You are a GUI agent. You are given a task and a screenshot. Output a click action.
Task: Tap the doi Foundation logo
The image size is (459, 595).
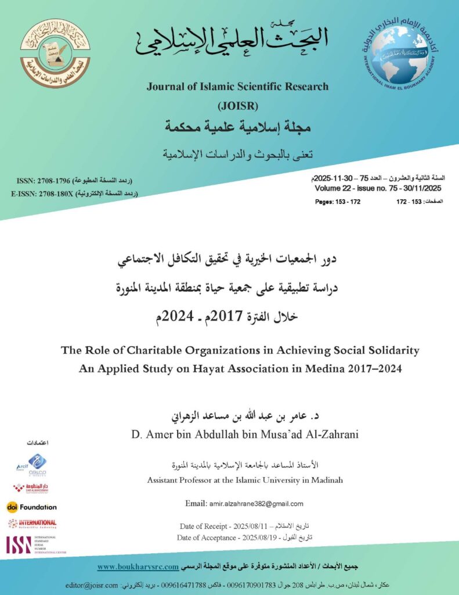pyautogui.click(x=32, y=507)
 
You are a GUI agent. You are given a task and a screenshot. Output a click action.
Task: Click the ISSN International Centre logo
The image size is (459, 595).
pyautogui.click(x=35, y=544)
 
